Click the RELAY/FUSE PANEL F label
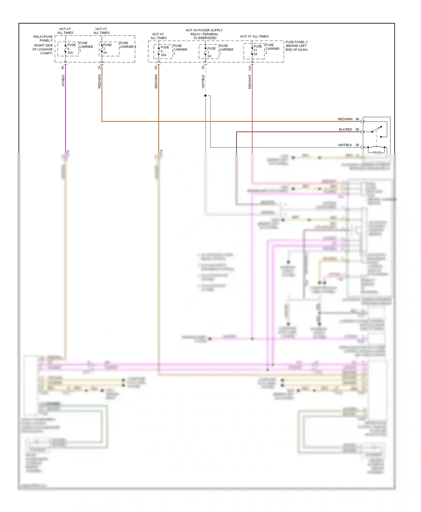click(43, 39)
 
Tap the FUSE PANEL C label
click(297, 42)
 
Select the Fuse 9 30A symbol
click(65, 49)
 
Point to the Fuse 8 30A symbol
click(159, 51)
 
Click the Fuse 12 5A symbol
click(252, 50)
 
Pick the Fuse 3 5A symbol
click(205, 52)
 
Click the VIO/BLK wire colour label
click(63, 80)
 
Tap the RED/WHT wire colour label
click(250, 82)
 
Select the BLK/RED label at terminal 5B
click(345, 130)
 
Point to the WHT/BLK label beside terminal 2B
click(345, 145)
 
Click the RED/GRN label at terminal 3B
click(345, 119)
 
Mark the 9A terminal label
click(63, 68)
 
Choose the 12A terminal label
click(250, 68)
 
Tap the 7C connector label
click(68, 152)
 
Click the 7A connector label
click(161, 152)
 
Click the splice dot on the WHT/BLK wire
click(205, 96)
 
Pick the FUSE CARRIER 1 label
click(226, 50)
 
